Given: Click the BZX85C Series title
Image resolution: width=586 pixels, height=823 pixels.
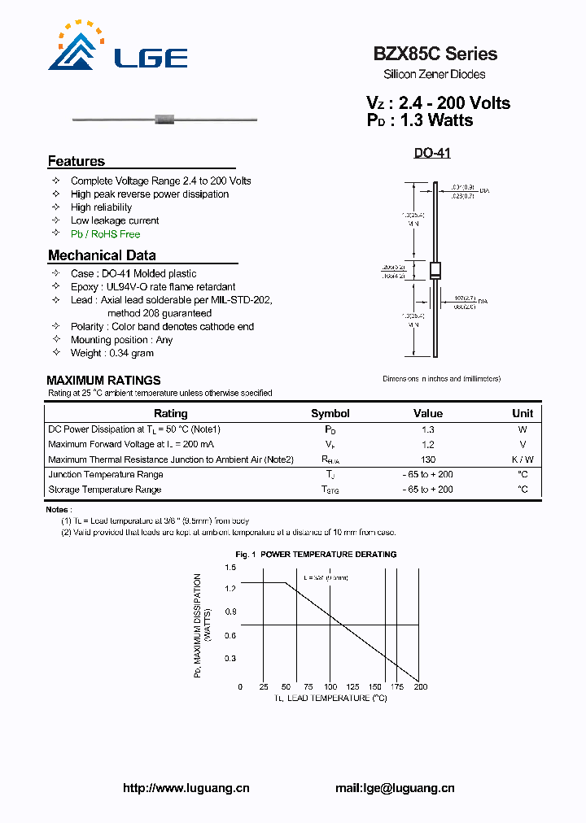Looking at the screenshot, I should [x=435, y=54].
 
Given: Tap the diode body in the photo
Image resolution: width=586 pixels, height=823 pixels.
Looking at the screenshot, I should [x=165, y=120].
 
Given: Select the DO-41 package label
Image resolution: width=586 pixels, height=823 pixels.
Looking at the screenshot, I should [x=432, y=153].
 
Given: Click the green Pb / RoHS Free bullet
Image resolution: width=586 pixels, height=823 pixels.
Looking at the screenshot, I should [x=105, y=234].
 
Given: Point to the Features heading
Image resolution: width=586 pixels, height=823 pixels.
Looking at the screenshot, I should [x=77, y=161].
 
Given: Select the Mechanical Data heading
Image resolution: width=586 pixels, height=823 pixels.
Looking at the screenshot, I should [x=102, y=255].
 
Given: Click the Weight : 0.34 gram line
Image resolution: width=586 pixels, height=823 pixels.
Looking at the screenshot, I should [x=112, y=353].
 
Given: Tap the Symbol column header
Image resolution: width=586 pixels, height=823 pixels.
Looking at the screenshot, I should [x=330, y=413].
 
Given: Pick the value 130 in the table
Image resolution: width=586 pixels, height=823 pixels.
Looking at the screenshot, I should [x=428, y=459].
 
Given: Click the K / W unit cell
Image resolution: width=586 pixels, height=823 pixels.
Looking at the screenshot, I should [x=523, y=459].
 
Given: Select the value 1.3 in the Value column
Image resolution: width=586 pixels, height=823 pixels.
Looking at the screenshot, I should [x=428, y=429].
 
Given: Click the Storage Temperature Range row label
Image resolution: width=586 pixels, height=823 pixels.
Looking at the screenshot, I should [x=105, y=490].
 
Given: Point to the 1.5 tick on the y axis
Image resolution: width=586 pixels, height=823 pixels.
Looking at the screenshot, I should [x=230, y=567].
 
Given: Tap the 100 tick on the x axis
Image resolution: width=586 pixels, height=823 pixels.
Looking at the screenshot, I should [x=330, y=687].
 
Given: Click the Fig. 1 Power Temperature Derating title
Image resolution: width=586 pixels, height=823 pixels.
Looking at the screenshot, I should [x=316, y=555].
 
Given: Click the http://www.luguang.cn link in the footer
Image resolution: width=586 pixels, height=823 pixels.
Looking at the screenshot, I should [x=186, y=788].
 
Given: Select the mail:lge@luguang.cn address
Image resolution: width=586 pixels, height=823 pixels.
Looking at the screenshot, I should [x=395, y=788].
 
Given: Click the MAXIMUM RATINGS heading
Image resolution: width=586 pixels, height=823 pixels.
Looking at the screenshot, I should [x=103, y=380].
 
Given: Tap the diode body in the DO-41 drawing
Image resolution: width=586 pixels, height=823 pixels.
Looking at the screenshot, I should [x=435, y=271].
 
